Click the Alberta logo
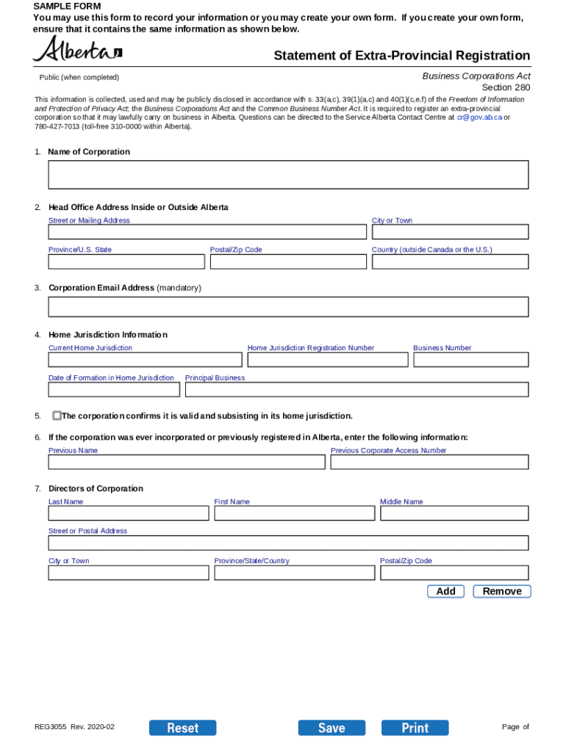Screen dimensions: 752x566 pos(77,51)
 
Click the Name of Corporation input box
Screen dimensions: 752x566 pos(288,175)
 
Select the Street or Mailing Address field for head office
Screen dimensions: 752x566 pos(207,232)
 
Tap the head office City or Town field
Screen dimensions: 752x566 pos(449,232)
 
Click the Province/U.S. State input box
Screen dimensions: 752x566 pos(126,261)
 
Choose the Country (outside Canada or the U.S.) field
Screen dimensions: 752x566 pos(449,261)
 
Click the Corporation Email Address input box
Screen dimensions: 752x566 pos(288,307)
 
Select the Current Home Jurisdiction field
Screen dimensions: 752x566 pos(145,360)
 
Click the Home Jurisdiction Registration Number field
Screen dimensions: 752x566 pos(327,360)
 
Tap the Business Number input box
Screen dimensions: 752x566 pos(470,360)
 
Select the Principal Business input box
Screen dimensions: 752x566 pos(357,390)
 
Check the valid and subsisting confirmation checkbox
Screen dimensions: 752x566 pos(57,416)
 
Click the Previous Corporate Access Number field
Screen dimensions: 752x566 pos(429,462)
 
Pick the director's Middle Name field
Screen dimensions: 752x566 pos(454,513)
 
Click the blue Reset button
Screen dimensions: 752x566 pos(182,728)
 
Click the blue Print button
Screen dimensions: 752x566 pos(415,728)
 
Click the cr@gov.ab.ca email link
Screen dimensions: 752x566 pos(479,117)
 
